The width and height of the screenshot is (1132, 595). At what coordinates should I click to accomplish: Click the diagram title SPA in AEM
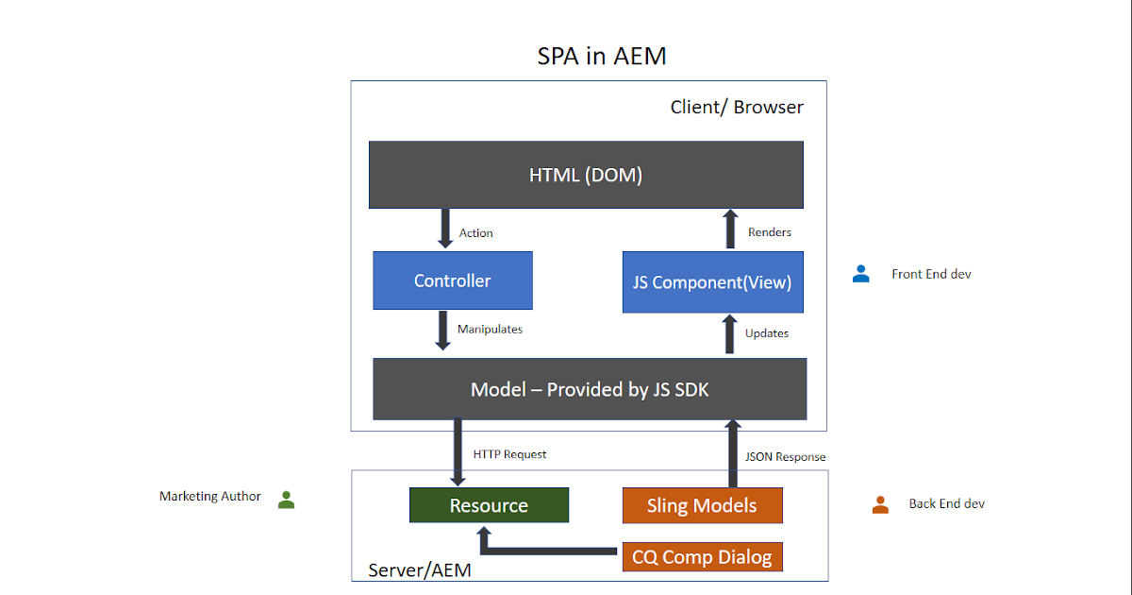tap(602, 57)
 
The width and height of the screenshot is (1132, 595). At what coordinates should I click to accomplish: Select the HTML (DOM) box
tap(586, 175)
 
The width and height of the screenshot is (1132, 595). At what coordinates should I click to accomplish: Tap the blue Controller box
tap(453, 280)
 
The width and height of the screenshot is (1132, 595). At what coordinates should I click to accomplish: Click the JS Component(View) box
tap(712, 282)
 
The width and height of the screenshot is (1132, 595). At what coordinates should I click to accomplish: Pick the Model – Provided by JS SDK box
tap(590, 389)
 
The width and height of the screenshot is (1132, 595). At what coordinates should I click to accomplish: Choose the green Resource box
tap(489, 505)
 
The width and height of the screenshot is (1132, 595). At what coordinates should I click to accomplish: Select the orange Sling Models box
tap(702, 505)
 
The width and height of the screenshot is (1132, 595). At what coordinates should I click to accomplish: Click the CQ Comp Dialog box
tap(702, 557)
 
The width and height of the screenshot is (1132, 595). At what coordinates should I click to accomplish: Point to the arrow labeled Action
tap(446, 229)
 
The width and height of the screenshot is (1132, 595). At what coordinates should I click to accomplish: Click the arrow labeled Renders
tap(730, 229)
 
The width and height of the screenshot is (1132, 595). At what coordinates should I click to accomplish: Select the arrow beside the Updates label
tap(730, 334)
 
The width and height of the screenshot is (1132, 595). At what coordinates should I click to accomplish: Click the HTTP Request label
tap(509, 454)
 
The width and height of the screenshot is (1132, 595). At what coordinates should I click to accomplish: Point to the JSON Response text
tap(785, 457)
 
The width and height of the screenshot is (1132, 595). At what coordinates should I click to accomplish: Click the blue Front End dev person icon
tap(860, 274)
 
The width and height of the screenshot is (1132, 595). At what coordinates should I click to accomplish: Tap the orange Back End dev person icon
tap(880, 504)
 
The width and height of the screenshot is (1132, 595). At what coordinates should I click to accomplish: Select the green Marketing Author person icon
tap(287, 500)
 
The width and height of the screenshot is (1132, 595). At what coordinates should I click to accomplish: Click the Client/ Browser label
tap(737, 107)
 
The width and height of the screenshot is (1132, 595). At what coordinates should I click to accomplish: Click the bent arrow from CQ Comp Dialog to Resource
tap(547, 549)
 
